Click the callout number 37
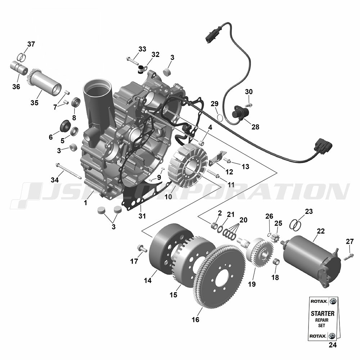pos(31,44)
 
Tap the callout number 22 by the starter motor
pos(320,231)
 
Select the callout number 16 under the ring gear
pos(195,320)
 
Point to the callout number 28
pos(255,127)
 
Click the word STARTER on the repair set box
pos(323,314)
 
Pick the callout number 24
pos(333,345)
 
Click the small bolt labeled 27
pos(348,257)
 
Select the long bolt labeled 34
pos(68,171)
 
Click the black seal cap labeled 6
pos(66,126)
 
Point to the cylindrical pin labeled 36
pos(19,67)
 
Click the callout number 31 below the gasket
pos(142,216)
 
